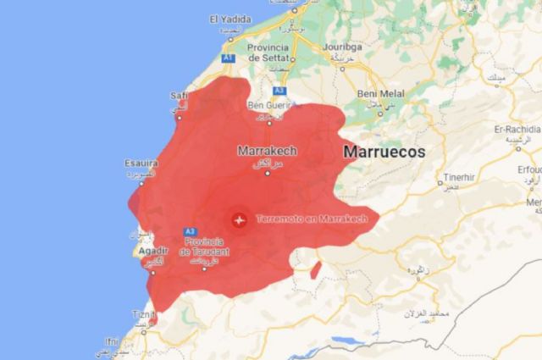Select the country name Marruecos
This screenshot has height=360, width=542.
click(384, 152)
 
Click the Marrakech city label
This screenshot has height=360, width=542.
click(268, 152)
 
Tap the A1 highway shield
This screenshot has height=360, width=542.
click(227, 58)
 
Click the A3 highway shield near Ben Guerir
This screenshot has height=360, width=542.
click(279, 90)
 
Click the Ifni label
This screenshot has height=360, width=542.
click(112, 342)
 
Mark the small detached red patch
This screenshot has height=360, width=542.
click(315, 270)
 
